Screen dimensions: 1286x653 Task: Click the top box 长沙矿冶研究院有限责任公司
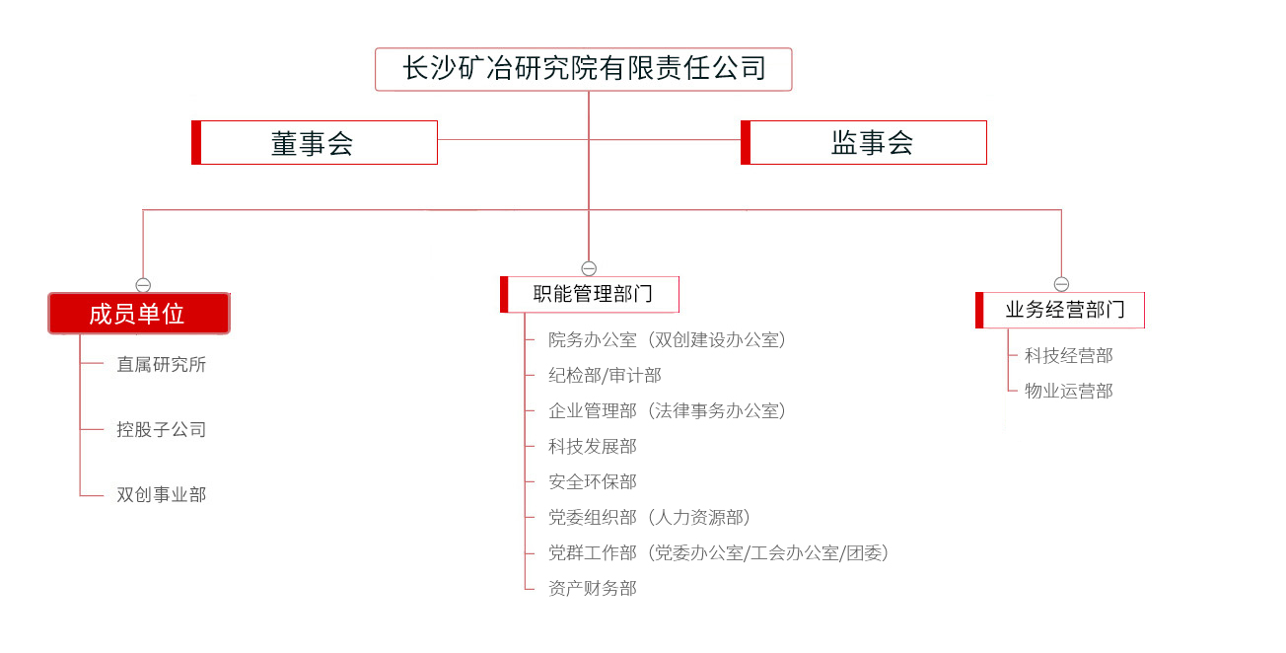coord(583,69)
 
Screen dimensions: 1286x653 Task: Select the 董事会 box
coord(315,142)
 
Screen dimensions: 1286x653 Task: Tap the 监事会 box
coord(864,142)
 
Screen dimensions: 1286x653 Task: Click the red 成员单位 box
coord(139,313)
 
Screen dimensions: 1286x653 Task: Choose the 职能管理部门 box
coord(590,295)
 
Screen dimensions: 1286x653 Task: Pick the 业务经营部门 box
coord(1060,310)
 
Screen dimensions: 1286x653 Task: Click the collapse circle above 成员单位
coord(143,285)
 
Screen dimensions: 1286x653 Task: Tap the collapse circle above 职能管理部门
coord(589,268)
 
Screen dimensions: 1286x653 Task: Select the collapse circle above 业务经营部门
coord(1061,284)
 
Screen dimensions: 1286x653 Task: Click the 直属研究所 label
coord(162,364)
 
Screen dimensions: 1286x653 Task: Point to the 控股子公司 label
coord(162,429)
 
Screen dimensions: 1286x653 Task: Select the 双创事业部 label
coord(162,494)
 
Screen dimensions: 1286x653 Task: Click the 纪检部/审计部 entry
coord(605,376)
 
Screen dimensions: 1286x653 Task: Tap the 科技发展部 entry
coord(593,446)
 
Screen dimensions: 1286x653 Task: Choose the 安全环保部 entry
coord(593,481)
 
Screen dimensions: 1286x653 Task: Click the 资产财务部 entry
coord(593,588)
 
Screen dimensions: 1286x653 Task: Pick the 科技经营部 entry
coord(1068,355)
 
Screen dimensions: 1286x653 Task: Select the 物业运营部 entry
coord(1068,392)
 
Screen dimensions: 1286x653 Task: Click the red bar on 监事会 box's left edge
coord(746,142)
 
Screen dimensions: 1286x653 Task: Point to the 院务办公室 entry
coord(593,340)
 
